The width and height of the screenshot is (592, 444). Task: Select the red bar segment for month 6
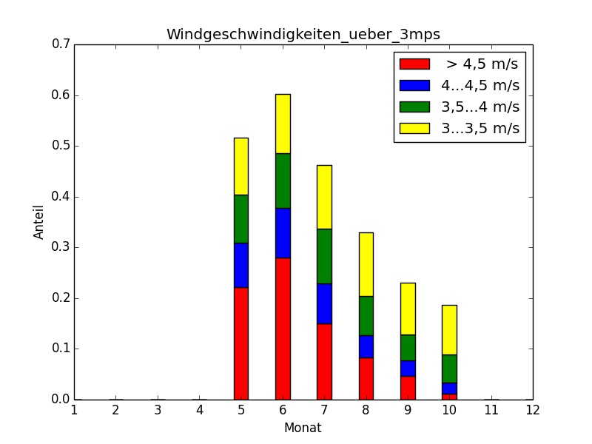[283, 328]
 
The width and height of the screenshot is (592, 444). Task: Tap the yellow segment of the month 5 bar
[241, 166]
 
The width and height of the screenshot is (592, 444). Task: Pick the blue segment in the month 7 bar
[324, 303]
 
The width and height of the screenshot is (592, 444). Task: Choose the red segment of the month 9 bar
[407, 387]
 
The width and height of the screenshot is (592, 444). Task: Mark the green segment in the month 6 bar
[283, 181]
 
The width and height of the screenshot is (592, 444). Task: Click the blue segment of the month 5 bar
[241, 265]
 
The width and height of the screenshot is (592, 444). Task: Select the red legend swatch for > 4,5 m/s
[414, 64]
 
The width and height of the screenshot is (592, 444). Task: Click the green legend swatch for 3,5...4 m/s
[414, 107]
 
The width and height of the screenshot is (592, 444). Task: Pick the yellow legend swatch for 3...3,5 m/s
[414, 128]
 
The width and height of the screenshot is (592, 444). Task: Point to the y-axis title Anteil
[39, 222]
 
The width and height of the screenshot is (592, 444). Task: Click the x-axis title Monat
[303, 428]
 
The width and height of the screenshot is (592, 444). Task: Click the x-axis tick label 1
[75, 409]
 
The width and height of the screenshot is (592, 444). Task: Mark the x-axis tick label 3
[158, 409]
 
